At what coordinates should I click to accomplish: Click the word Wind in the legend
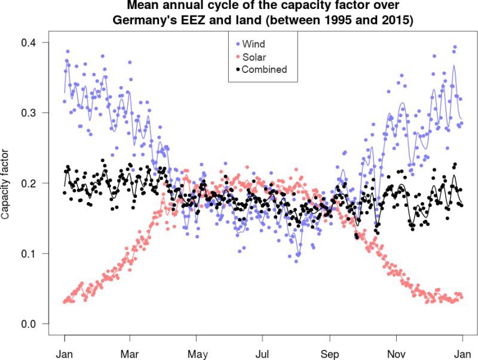click(253, 44)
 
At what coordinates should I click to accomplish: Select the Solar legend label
click(254, 57)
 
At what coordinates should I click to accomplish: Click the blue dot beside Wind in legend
click(237, 44)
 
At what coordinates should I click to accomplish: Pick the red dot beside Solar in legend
click(237, 57)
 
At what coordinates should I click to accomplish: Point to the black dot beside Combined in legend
click(237, 69)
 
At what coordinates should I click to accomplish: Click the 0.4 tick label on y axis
click(26, 43)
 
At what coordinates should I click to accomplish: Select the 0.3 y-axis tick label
click(26, 113)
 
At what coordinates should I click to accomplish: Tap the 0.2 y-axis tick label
click(26, 184)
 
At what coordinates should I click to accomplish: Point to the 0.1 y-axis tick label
click(26, 254)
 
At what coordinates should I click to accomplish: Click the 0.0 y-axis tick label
click(26, 324)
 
